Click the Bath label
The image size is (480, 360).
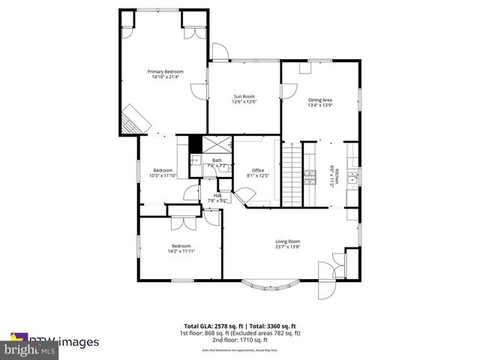(x=217, y=160)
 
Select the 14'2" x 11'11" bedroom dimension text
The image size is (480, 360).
(x=181, y=251)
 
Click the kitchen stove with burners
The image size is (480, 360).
(x=310, y=177)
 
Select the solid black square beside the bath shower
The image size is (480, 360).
(x=195, y=143)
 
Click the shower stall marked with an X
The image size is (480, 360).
(x=217, y=145)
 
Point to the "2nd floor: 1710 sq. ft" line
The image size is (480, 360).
(x=241, y=339)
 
